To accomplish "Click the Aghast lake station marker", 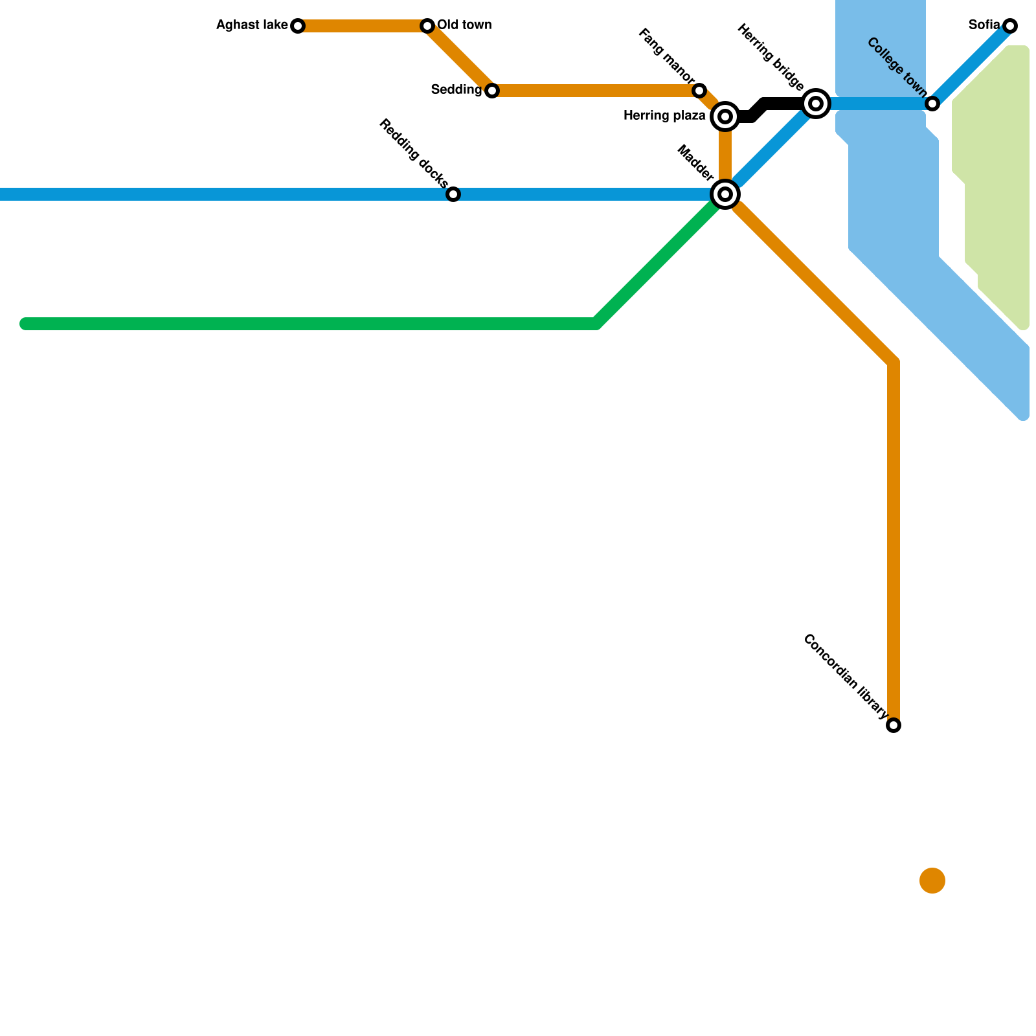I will [298, 26].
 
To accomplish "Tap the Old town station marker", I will [427, 26].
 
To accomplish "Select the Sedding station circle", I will [492, 91].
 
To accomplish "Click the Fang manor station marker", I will [699, 91].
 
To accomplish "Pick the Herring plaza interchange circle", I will [725, 117].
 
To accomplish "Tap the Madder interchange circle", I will [725, 194].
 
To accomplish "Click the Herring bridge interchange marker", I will [816, 104].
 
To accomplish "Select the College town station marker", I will [932, 104].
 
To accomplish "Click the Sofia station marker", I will [1010, 26].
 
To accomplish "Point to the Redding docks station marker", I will [453, 194].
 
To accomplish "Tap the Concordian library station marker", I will [894, 725].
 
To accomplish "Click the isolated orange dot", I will [932, 881].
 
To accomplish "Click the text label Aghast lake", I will [252, 26].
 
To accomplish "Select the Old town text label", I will [464, 26].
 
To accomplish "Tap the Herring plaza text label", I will [664, 117].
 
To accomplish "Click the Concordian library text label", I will [845, 677].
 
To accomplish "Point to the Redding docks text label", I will [414, 152].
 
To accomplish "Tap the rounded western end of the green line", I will [26, 324].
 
